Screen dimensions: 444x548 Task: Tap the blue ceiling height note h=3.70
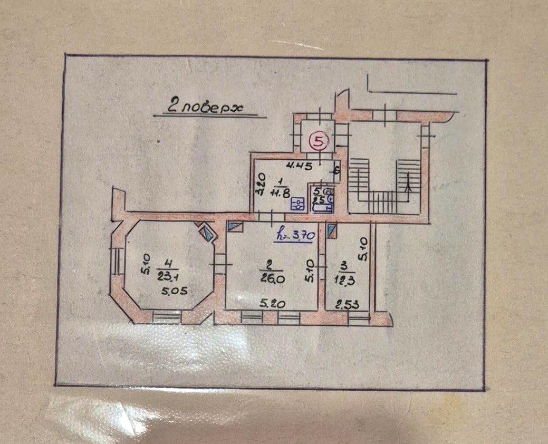click(295, 236)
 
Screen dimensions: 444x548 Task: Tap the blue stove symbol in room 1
click(299, 204)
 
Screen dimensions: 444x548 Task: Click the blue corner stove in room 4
click(207, 231)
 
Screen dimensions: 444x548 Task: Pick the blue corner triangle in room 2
click(235, 227)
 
